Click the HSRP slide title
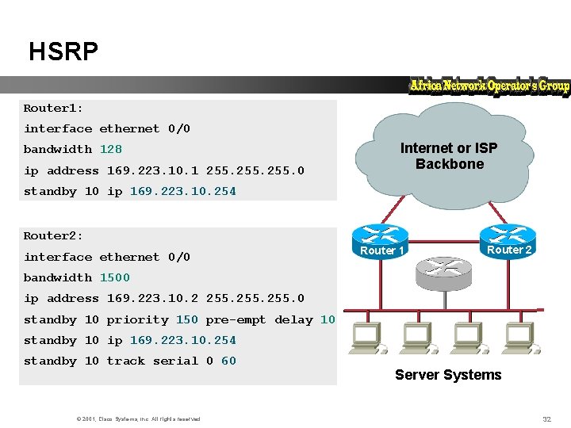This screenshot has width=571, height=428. pyautogui.click(x=63, y=52)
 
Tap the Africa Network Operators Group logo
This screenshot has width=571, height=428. pyautogui.click(x=489, y=86)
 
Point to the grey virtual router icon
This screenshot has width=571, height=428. pyautogui.click(x=443, y=272)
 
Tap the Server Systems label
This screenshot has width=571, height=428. pyautogui.click(x=448, y=375)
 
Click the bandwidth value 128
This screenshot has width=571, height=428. pyautogui.click(x=111, y=149)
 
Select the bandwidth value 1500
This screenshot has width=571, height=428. pyautogui.click(x=115, y=277)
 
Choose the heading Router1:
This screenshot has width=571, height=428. pyautogui.click(x=53, y=108)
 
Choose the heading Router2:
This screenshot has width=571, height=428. pyautogui.click(x=53, y=235)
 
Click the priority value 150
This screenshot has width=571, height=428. pyautogui.click(x=187, y=319)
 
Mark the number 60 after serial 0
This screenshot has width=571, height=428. pyautogui.click(x=228, y=361)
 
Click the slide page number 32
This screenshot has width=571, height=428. pyautogui.click(x=546, y=418)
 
